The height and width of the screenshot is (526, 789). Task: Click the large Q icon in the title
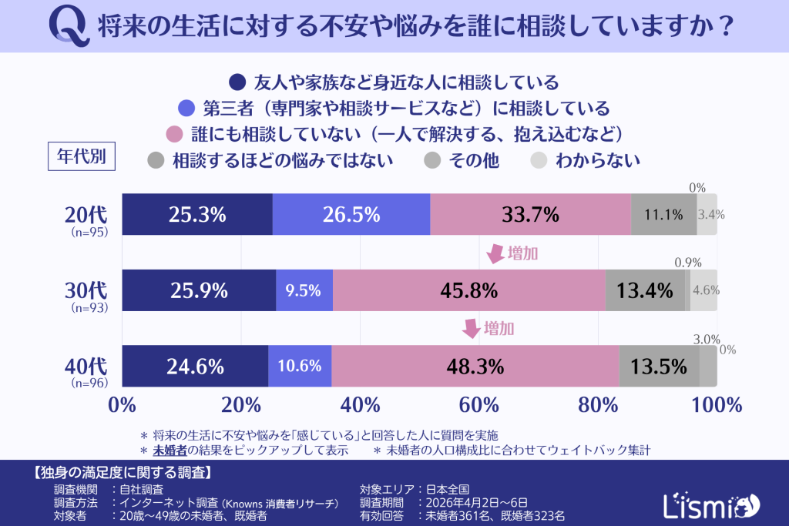tap(67, 26)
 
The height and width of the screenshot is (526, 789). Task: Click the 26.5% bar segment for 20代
tap(351, 214)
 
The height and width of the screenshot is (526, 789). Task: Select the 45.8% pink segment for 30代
tap(468, 290)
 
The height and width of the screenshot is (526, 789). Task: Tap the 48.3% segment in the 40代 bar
tap(475, 366)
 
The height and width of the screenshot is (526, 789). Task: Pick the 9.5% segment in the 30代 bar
tap(304, 290)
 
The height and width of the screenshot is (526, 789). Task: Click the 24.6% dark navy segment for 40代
tap(195, 366)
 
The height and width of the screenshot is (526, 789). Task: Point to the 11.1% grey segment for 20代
tap(663, 214)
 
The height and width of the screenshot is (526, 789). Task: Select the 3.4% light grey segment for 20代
tap(707, 214)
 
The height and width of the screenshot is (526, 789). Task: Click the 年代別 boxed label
tap(82, 156)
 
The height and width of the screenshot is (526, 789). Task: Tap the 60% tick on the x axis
tap(479, 405)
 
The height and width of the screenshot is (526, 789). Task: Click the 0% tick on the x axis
tap(123, 405)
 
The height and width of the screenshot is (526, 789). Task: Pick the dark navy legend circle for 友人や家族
tap(239, 82)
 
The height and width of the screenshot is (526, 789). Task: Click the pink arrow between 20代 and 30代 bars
tap(493, 254)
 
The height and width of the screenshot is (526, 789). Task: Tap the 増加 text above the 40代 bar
tap(499, 329)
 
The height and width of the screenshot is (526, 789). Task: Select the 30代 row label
tap(89, 292)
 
